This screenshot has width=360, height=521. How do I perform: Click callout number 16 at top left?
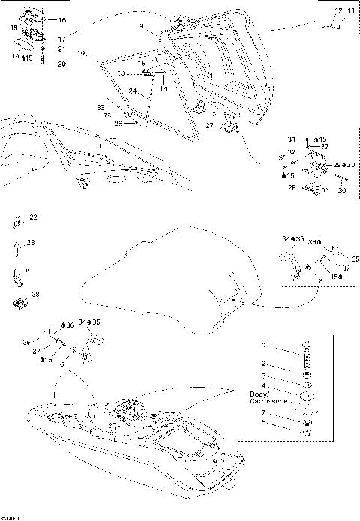point(61,19)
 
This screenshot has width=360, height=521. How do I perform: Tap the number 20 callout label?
point(61,64)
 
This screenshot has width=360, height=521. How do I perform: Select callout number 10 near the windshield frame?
point(81,53)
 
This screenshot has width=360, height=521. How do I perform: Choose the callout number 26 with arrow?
point(118,124)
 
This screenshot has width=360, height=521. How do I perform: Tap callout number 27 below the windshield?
point(210,127)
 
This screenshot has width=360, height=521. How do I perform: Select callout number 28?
point(291,189)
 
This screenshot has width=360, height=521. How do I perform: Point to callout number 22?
point(32,217)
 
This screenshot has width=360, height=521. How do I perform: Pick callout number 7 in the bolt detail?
point(263,413)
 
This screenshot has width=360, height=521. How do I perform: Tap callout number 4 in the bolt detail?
point(263,385)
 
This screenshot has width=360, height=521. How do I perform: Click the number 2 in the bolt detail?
point(263,363)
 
